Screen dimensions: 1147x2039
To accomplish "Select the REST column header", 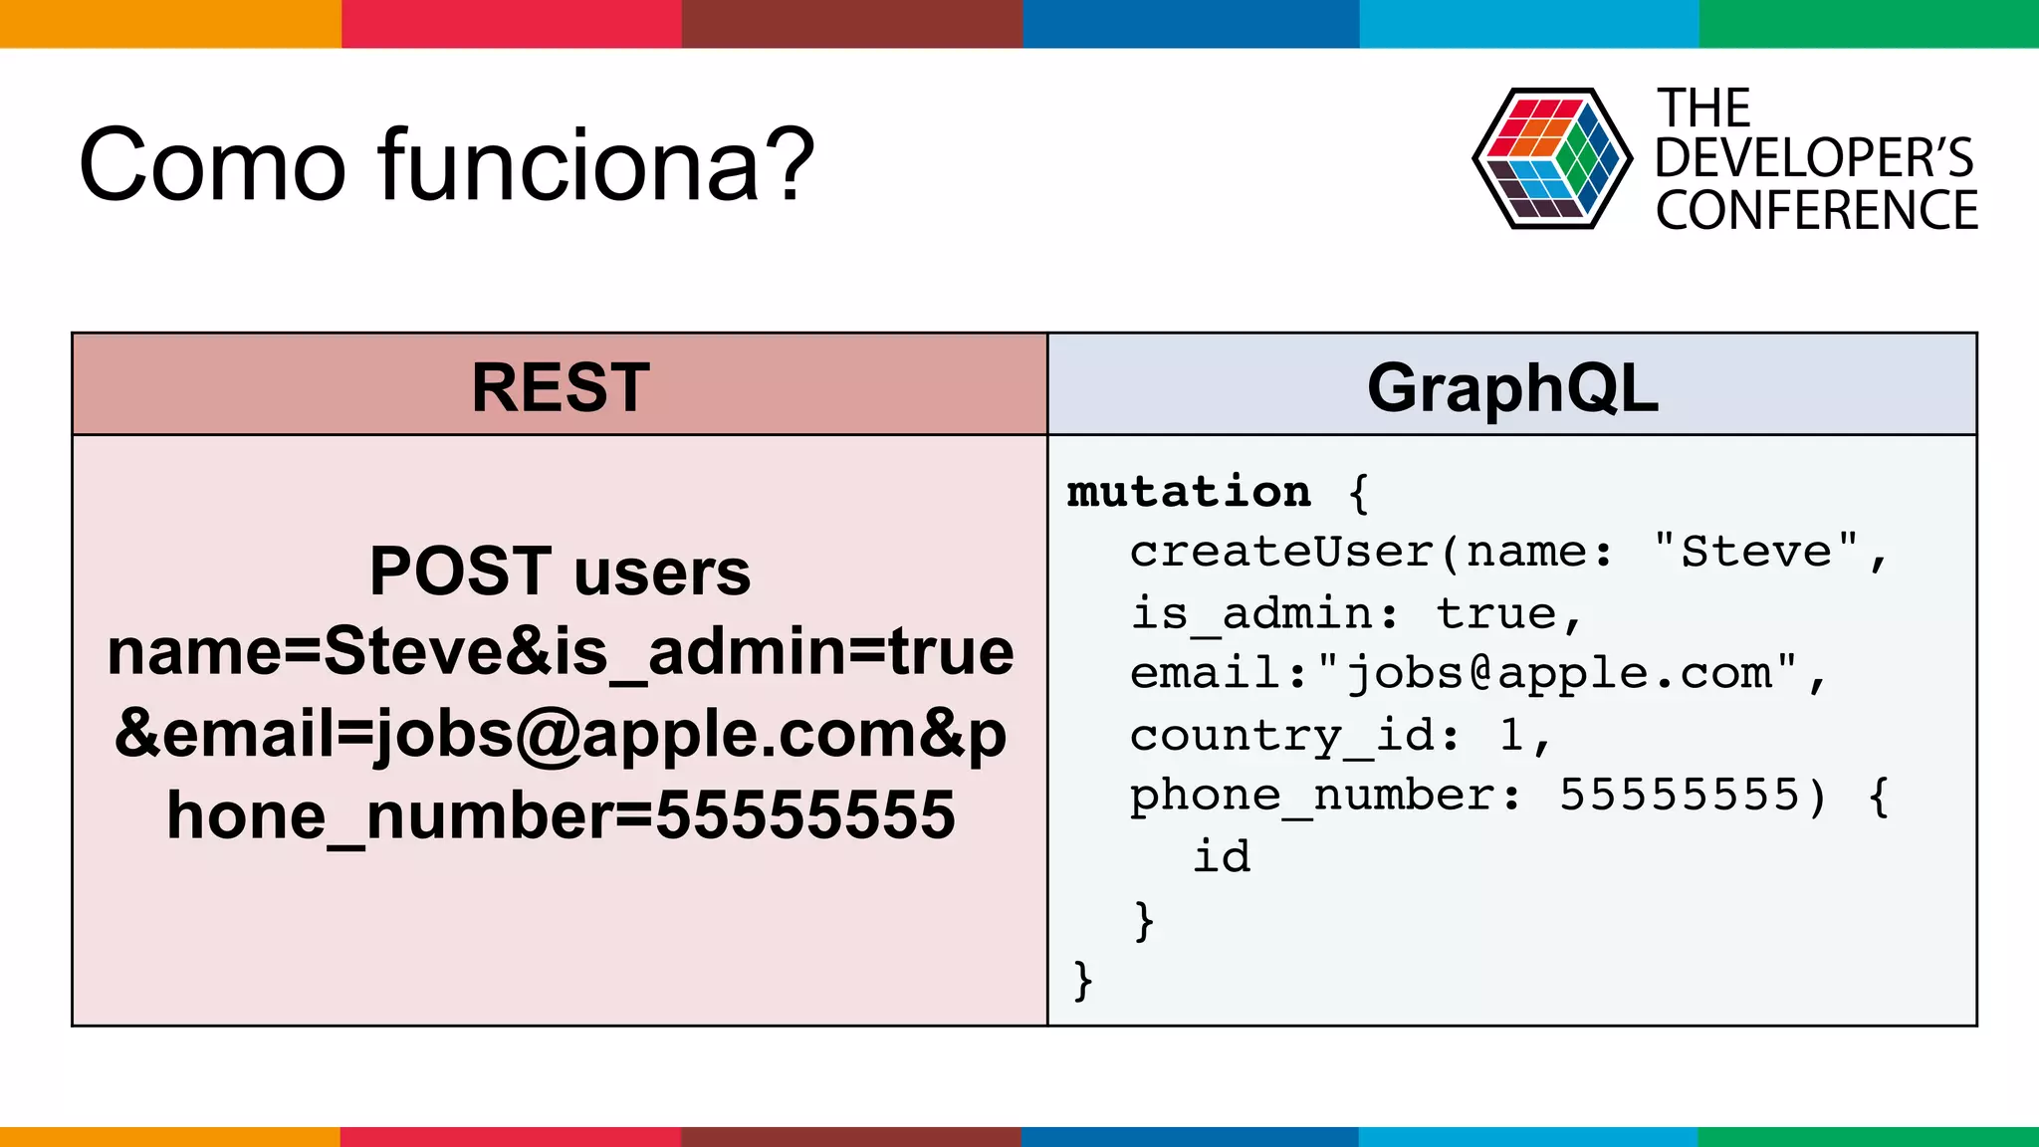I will click(x=560, y=386).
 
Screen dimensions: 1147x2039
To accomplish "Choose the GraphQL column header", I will click(x=1512, y=386).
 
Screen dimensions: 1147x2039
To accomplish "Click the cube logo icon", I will click(x=1551, y=159).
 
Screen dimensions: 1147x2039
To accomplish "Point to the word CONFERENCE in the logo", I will click(x=1816, y=211).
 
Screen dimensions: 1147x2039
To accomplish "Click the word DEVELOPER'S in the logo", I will click(x=1814, y=158).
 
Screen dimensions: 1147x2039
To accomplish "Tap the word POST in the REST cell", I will click(x=460, y=572).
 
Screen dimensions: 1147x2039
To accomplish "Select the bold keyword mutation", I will click(x=1189, y=491).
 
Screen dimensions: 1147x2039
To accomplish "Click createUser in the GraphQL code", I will click(x=1281, y=552).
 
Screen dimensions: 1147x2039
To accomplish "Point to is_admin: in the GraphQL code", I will click(x=1264, y=613).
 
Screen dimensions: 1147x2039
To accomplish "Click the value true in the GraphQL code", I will click(x=1496, y=613).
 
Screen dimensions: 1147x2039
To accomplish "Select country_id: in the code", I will click(x=1294, y=736).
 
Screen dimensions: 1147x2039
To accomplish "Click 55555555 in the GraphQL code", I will click(x=1680, y=796).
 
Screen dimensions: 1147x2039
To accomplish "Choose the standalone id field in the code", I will click(x=1222, y=856).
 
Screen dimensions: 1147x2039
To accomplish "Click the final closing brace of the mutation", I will click(x=1083, y=980).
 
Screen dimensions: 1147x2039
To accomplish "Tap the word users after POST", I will click(x=662, y=572).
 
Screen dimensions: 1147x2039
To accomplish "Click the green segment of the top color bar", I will click(x=1869, y=23).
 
